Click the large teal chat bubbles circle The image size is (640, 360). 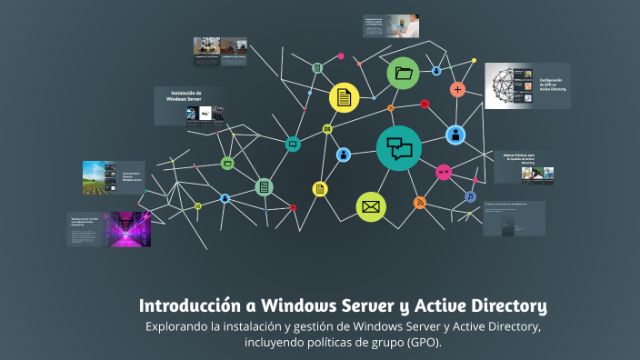pos(399,147)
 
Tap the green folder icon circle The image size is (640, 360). pos(403,73)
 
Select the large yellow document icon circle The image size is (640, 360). pos(343,97)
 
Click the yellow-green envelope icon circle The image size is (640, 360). pos(370,207)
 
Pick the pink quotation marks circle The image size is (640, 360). pos(444,172)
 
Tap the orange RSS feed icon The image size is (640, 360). pos(419,203)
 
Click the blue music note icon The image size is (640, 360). pos(470,196)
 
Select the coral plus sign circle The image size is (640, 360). pos(458,89)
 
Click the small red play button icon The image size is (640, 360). pos(425,104)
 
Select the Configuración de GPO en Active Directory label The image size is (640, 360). pos(552,85)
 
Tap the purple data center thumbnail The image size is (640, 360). pos(127,229)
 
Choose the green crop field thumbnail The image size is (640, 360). pos(101,177)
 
